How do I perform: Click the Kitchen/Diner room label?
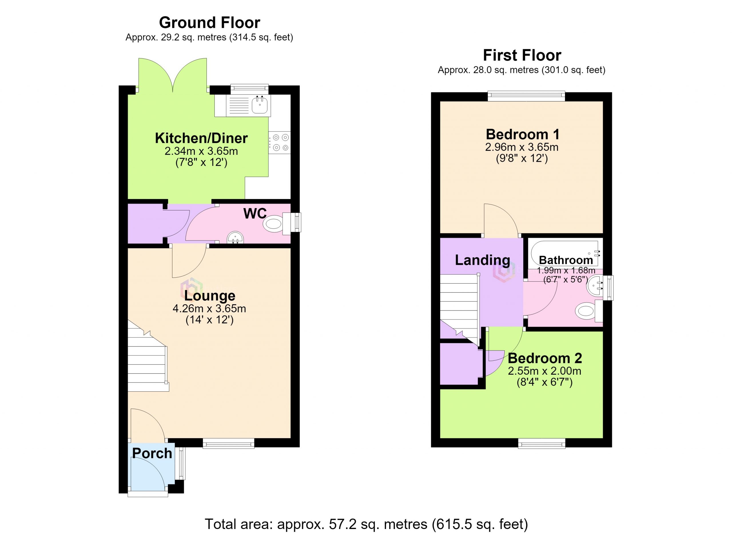[201, 138]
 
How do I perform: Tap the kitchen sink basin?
[260, 105]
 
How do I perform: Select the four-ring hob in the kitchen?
[279, 143]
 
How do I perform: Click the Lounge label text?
[210, 296]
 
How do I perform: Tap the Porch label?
[152, 453]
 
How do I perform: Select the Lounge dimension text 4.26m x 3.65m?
[210, 309]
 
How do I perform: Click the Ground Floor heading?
[210, 23]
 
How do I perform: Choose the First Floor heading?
[522, 55]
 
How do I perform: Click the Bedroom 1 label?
[522, 134]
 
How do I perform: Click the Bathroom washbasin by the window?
[596, 285]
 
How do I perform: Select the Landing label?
[482, 260]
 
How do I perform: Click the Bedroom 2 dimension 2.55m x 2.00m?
[544, 371]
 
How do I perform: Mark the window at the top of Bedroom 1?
[526, 96]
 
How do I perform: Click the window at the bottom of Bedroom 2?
[542, 443]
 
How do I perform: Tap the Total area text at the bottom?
[366, 524]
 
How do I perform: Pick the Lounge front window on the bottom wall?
[228, 443]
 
